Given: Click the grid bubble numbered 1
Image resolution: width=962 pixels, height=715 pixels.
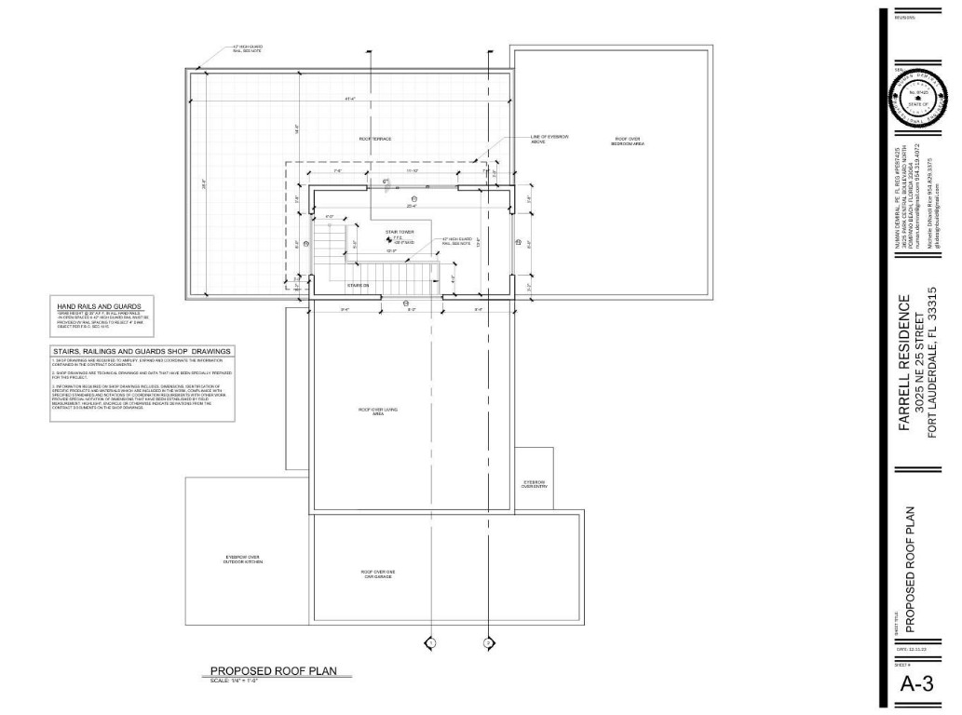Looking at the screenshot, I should (x=431, y=642).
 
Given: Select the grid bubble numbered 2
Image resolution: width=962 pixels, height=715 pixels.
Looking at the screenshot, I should (x=489, y=642).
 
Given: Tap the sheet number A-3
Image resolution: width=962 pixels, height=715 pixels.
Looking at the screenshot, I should (x=916, y=684).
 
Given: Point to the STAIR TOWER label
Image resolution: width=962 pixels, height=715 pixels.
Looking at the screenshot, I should (x=399, y=231).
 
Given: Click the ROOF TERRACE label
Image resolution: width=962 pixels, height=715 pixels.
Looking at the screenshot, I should (x=375, y=139).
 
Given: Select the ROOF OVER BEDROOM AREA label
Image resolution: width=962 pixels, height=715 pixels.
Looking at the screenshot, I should (x=627, y=141).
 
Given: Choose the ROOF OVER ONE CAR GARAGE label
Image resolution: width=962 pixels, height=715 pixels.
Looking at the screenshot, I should (x=378, y=573).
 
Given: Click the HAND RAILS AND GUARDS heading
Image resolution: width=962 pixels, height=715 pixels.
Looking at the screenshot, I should (x=99, y=305).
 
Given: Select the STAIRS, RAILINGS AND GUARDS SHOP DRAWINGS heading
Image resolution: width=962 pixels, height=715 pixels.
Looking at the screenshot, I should (x=141, y=352).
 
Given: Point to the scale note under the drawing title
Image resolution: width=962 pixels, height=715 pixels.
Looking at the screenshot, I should (x=234, y=681).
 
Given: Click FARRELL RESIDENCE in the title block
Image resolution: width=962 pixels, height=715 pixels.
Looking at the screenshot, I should (x=905, y=364).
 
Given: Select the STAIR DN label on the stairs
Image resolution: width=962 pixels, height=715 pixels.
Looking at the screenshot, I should (x=359, y=285).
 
